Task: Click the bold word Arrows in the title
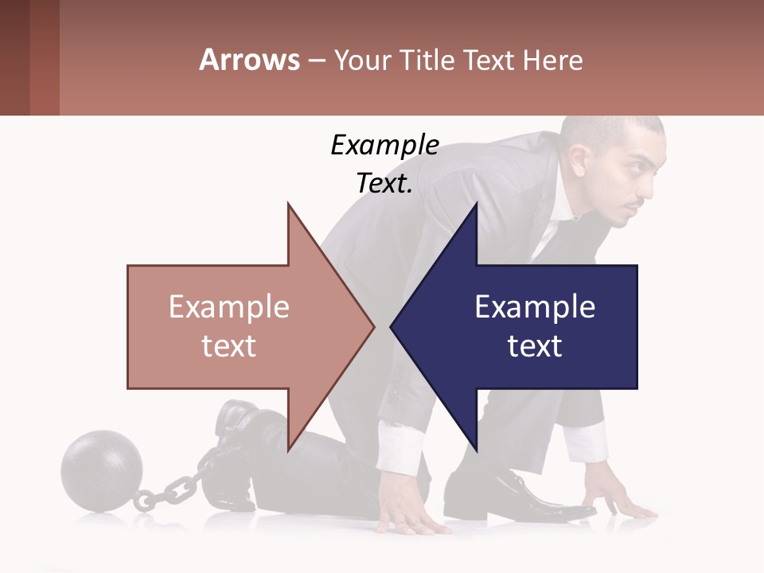tap(248, 60)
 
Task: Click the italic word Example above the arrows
tap(384, 146)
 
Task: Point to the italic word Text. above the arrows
tap(384, 184)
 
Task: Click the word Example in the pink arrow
tap(228, 306)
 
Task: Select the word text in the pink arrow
tap(228, 346)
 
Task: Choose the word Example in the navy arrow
tap(535, 306)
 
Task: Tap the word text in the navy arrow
tap(535, 346)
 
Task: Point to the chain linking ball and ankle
tap(171, 487)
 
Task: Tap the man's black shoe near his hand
tap(509, 493)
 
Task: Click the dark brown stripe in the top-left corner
tap(14, 57)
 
